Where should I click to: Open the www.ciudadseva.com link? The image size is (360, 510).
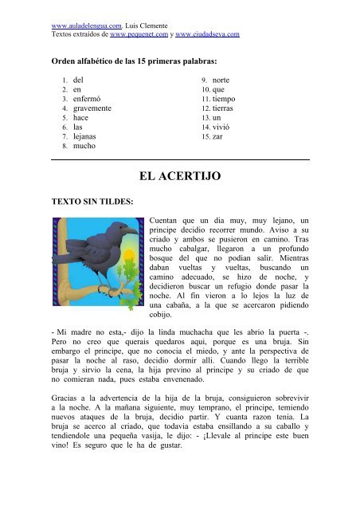coord(209,35)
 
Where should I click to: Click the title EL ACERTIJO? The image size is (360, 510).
coord(179,175)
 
